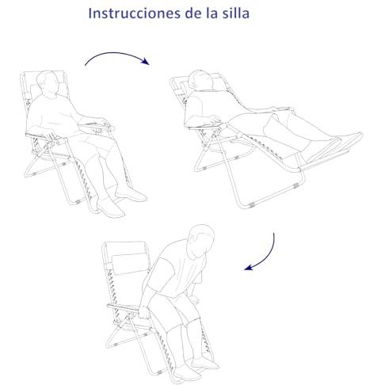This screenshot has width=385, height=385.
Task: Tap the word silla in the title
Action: click(236, 13)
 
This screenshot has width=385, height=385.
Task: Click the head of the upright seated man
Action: click(48, 82)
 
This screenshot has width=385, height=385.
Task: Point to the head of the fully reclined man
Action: click(200, 80)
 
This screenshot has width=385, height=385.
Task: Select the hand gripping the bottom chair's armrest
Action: click(144, 312)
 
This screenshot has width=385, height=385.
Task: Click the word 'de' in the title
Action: click(193, 13)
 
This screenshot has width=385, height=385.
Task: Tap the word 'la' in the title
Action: click(212, 13)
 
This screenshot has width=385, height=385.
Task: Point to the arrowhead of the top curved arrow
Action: click(145, 61)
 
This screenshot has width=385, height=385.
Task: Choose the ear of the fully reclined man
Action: click(193, 84)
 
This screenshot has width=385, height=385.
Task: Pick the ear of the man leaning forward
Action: click(192, 239)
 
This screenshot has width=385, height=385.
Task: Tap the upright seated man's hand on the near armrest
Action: click(50, 136)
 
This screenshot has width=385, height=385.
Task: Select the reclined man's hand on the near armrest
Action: click(214, 120)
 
